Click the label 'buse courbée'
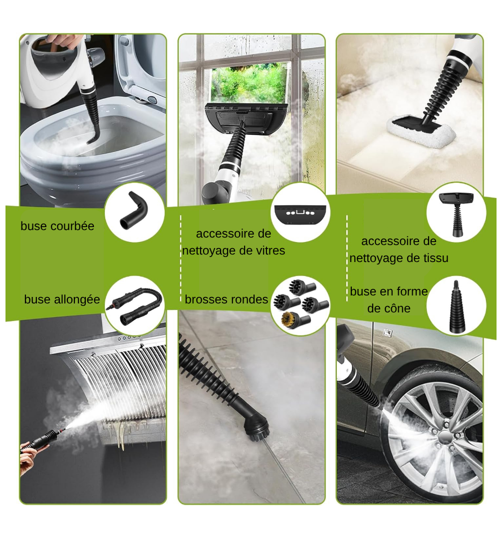[57, 226]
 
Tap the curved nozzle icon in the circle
[134, 212]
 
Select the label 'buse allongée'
[62, 299]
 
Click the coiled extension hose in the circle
[135, 304]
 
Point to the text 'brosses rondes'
[226, 299]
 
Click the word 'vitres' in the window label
[268, 251]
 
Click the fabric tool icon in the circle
[456, 212]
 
